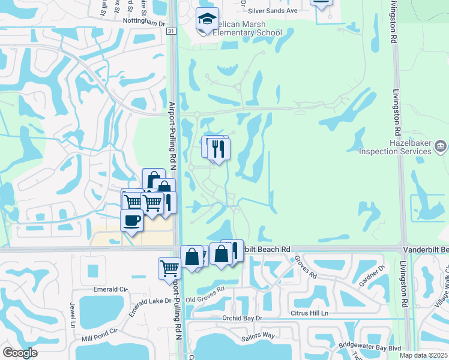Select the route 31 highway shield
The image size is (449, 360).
point(172,31)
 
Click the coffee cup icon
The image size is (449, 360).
point(132,220)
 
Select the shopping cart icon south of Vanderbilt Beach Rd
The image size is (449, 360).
point(169,268)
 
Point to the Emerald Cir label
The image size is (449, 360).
point(112,289)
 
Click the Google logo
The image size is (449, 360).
point(20,353)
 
